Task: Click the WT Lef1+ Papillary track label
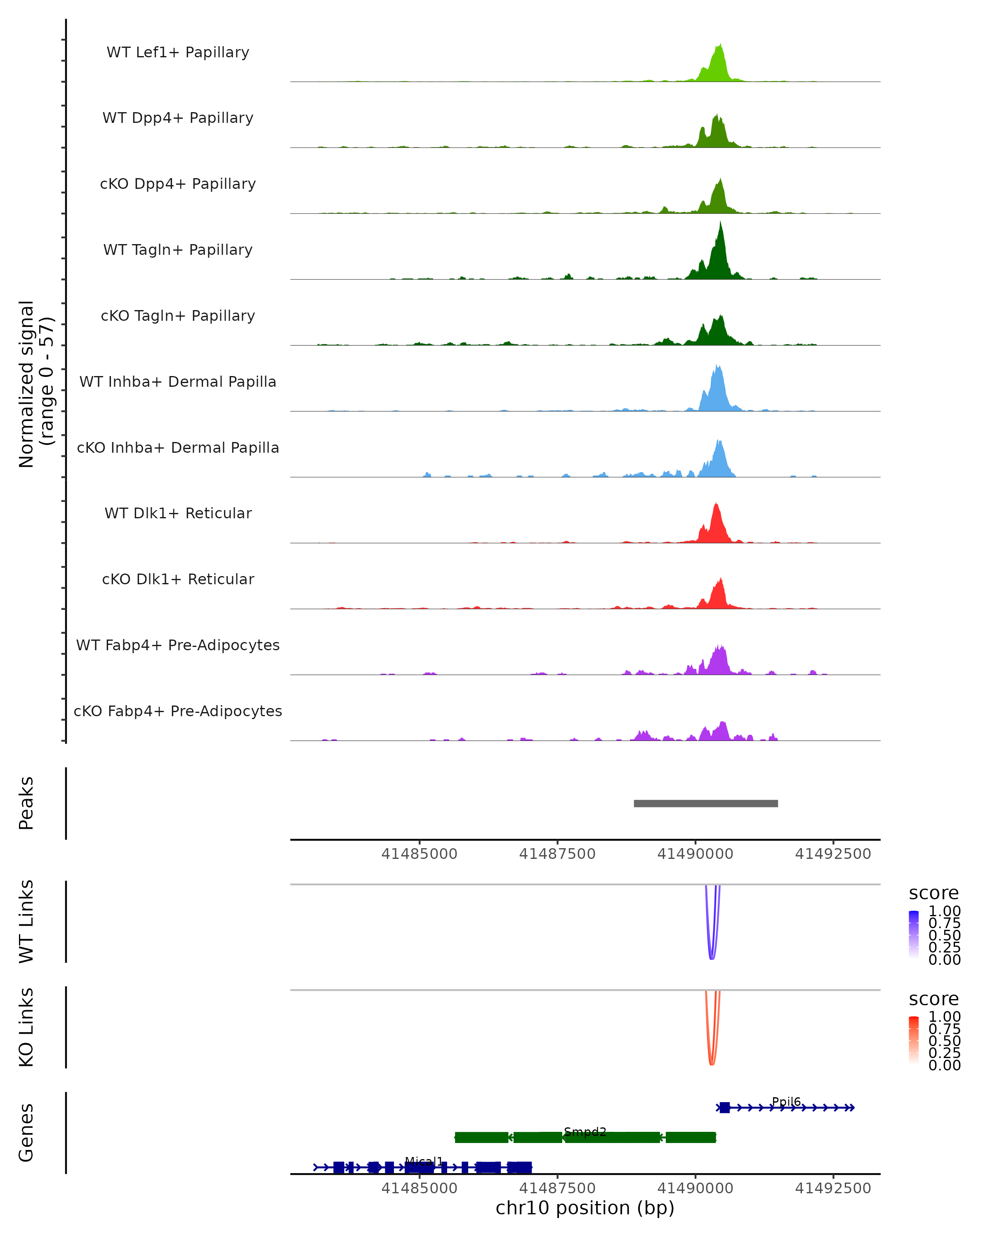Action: [178, 52]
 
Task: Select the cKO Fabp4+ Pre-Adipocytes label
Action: [178, 711]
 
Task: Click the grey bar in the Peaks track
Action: [705, 803]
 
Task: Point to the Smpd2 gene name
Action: [585, 1131]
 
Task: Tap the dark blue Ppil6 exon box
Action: [724, 1108]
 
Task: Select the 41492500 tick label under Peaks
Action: [833, 854]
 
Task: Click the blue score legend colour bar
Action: [914, 935]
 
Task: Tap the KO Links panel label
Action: [26, 1028]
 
